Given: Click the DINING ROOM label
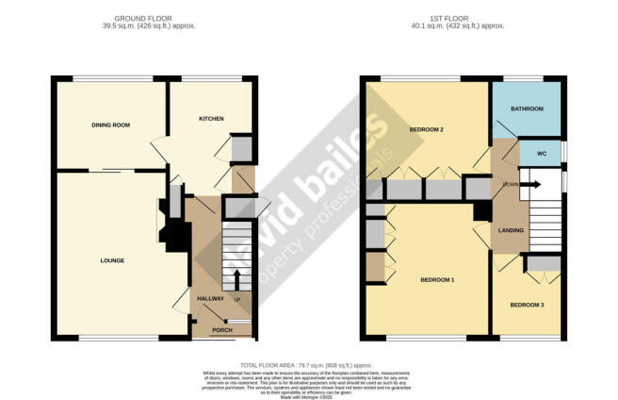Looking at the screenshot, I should coord(109,125).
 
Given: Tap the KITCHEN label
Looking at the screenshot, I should coord(211,119).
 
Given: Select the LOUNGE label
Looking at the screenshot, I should coord(112,260).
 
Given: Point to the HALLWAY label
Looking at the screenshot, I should coord(210,299).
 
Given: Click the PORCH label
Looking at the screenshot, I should coord(221,330).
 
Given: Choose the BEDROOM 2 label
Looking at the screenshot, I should coord(427,128).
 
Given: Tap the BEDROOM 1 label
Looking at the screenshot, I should coord(437,280).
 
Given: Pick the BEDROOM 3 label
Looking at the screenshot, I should coord(527,305).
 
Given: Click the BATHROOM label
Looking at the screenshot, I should coord(527,109).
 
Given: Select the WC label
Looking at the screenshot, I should coord(541,152).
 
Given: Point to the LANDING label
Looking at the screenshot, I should coord(512,229).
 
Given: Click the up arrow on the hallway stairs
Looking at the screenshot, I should coord(236,278).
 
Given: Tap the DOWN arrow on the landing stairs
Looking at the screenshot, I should coord(527,184).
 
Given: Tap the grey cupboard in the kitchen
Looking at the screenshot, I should coord(241,149).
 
